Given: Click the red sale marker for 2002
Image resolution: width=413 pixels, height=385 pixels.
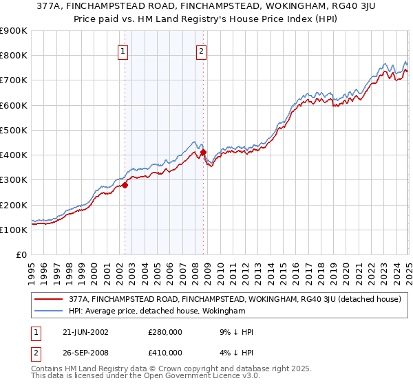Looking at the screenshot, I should pyautogui.click(x=125, y=185).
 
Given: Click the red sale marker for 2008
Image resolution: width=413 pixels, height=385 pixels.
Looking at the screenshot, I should pyautogui.click(x=204, y=152).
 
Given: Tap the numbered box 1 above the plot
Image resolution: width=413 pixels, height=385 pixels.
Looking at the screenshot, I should pyautogui.click(x=123, y=49).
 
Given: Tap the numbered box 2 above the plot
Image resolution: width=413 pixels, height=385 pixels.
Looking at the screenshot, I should pyautogui.click(x=201, y=49).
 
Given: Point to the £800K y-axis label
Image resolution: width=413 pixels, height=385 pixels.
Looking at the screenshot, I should pyautogui.click(x=14, y=56).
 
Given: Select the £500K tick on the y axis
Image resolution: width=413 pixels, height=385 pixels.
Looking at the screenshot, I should pyautogui.click(x=14, y=130).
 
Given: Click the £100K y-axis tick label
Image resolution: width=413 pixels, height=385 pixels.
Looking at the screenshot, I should pyautogui.click(x=14, y=230).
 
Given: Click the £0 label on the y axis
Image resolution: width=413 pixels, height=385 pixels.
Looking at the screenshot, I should pyautogui.click(x=21, y=254).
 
